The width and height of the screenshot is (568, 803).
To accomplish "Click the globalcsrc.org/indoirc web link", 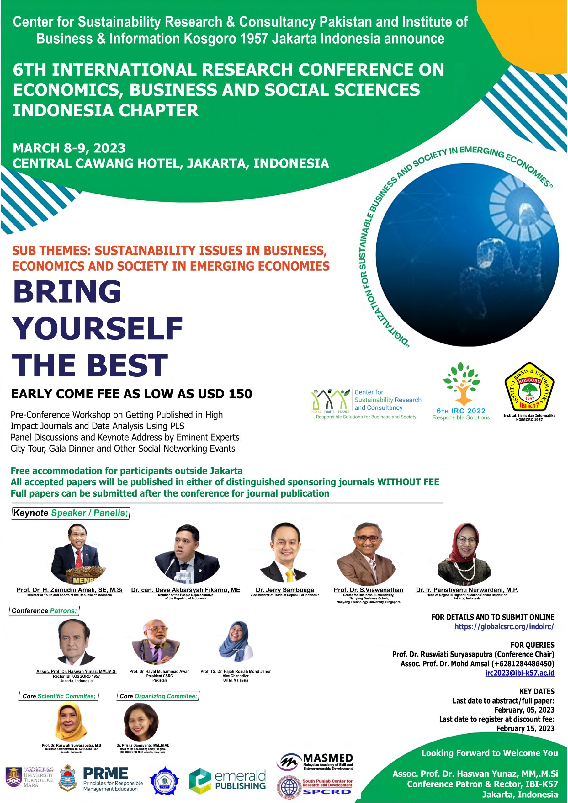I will pos(504,626).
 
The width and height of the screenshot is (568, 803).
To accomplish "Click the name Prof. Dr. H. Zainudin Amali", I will pos(70,590).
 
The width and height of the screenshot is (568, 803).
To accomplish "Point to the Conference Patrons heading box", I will pos(44,611).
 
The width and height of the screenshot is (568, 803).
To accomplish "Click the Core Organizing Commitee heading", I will pos(158,696).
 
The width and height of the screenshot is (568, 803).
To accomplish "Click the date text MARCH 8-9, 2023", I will pos(69,148).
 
